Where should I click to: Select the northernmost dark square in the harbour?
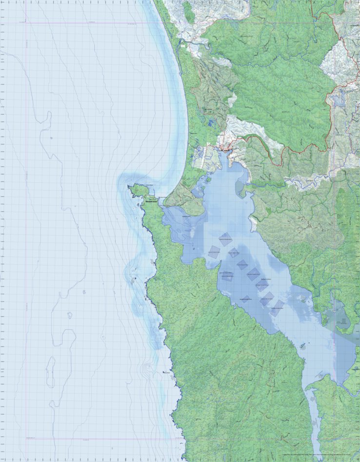coord(225,238)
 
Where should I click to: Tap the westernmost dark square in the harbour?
coord(214,252)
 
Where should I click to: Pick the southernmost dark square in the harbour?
coord(277,308)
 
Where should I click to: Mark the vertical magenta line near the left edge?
coord(26,229)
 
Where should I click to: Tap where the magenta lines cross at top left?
coord(26,23)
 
